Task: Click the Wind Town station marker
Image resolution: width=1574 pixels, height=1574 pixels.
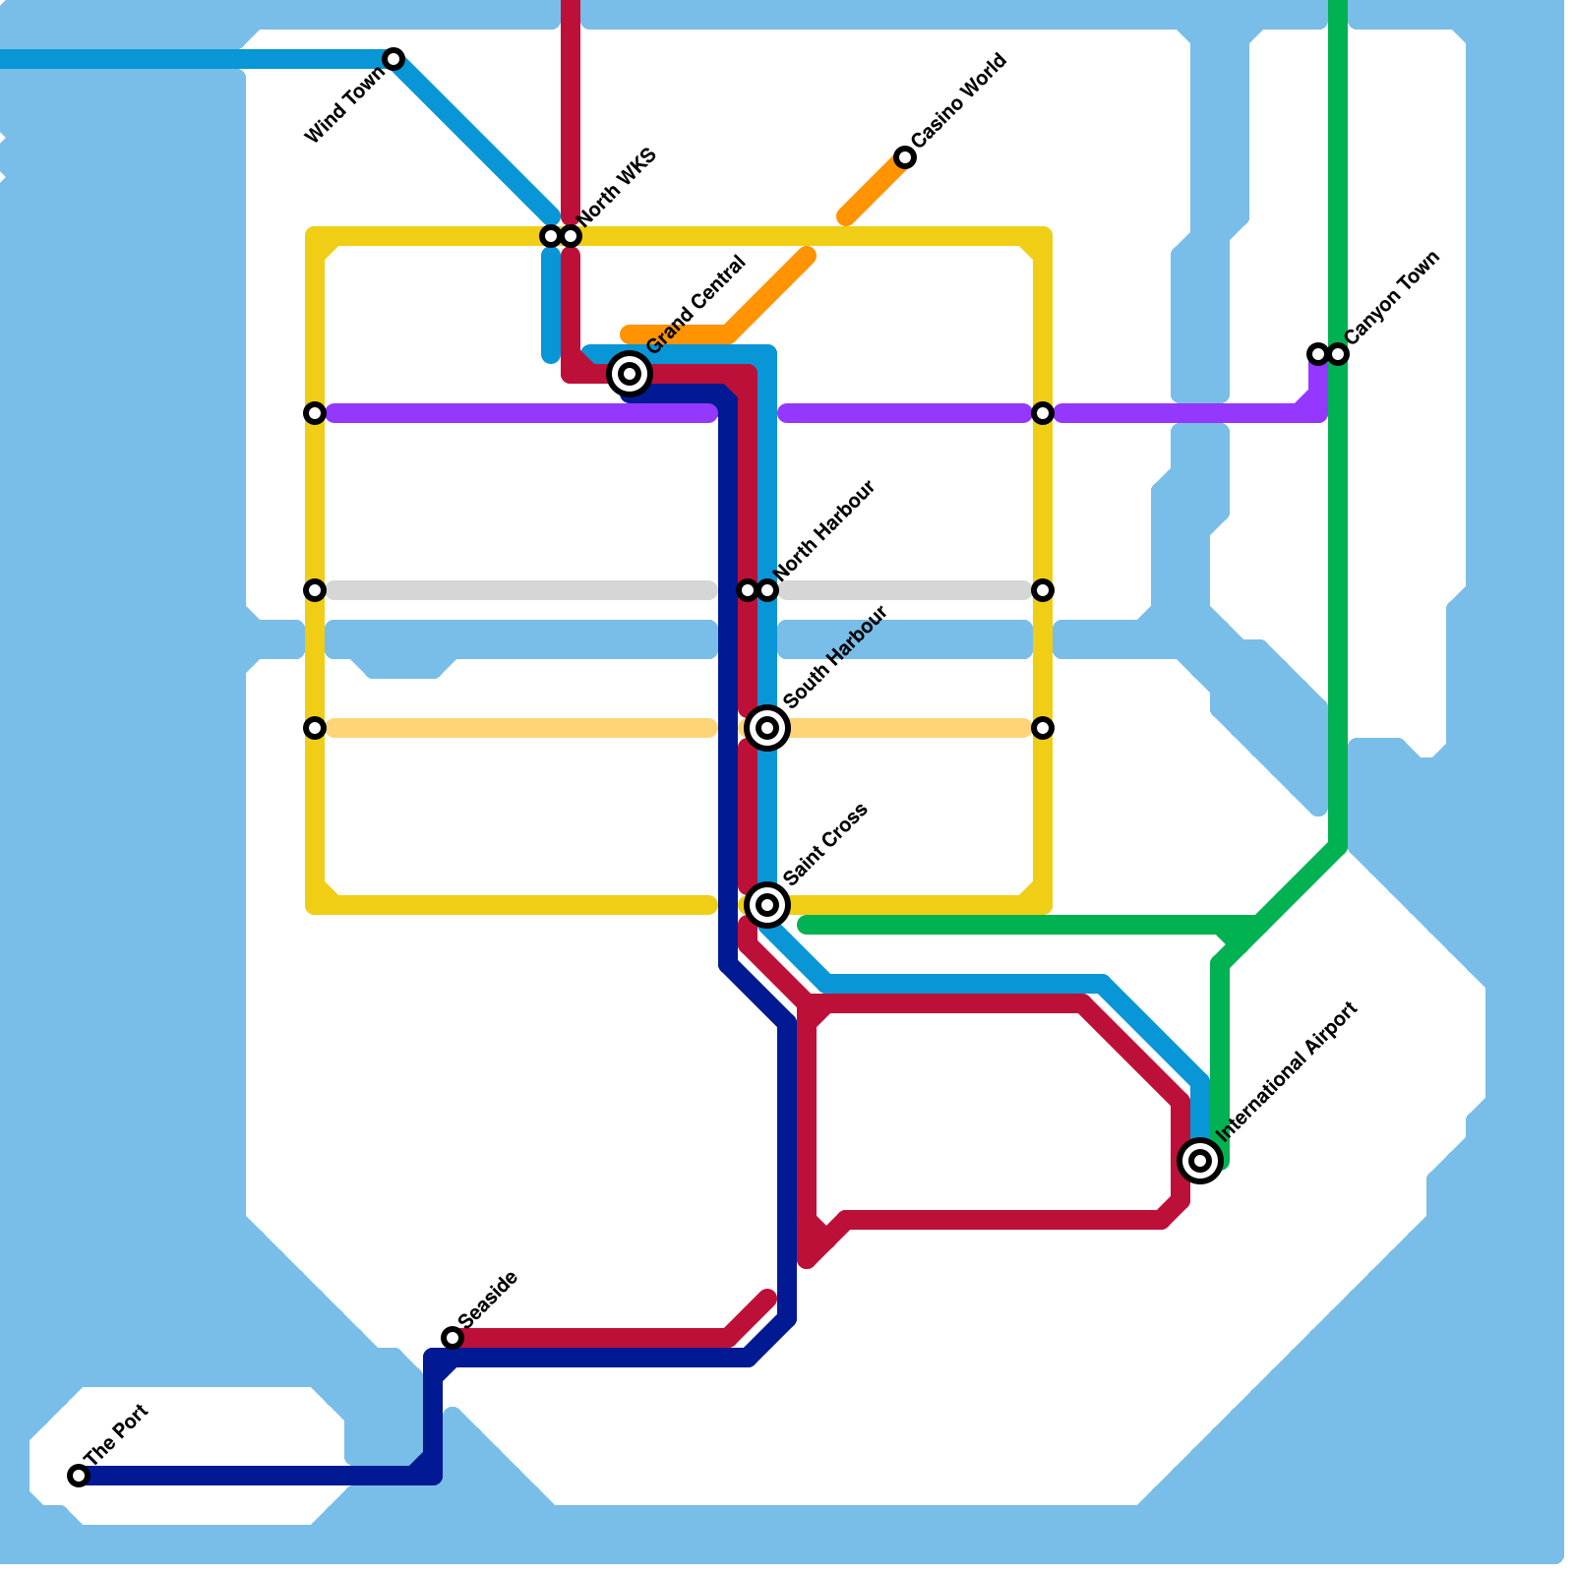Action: (393, 59)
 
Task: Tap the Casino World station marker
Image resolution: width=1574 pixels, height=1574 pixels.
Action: (905, 157)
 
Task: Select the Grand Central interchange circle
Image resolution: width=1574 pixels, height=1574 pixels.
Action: (630, 374)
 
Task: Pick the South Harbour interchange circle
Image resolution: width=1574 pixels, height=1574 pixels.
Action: (767, 728)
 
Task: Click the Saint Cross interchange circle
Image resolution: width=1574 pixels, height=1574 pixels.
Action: (767, 905)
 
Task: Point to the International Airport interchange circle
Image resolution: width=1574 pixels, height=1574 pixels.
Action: (1200, 1161)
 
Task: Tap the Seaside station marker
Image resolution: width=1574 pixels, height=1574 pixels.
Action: (453, 1338)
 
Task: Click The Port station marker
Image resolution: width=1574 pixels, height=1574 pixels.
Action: (79, 1476)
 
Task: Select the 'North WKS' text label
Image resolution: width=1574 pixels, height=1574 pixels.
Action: (617, 186)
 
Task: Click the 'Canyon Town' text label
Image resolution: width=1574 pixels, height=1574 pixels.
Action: (1392, 297)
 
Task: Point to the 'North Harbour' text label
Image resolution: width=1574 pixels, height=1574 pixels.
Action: (824, 531)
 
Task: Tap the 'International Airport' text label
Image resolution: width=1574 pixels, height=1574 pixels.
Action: (1287, 1071)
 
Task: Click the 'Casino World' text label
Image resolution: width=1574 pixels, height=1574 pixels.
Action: (959, 99)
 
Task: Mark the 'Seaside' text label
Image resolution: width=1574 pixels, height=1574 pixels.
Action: (487, 1299)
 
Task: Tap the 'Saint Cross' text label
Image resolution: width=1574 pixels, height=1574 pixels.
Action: (825, 844)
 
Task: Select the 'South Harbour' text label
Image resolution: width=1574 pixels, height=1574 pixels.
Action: (836, 656)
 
